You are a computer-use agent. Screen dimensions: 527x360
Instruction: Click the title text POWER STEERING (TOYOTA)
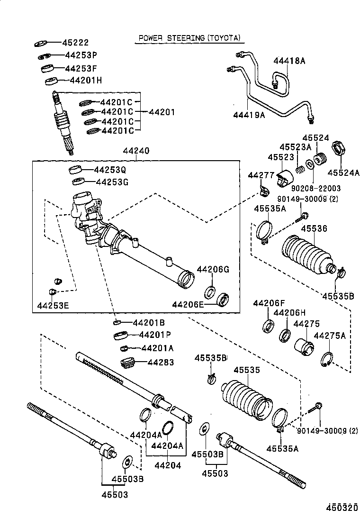coord(189,37)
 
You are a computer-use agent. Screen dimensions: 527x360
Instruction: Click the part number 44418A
coord(289,61)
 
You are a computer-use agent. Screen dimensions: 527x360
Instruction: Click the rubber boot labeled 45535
coord(246,400)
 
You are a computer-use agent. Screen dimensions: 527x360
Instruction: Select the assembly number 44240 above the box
coord(136,151)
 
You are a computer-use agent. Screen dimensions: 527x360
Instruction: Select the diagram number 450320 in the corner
coord(340,508)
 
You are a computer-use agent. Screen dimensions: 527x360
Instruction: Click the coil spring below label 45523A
coord(300,168)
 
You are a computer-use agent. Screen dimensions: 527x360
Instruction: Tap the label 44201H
coord(86,80)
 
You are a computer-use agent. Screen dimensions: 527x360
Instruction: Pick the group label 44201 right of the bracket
coord(162,112)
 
